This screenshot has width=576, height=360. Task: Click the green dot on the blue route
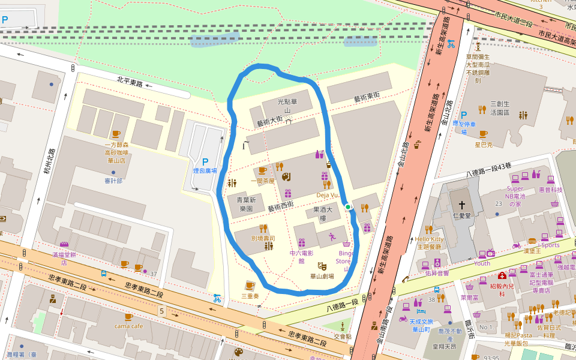[x=348, y=207]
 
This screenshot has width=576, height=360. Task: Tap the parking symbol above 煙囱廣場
[x=205, y=161]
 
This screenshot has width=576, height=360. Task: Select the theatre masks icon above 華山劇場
[x=322, y=264]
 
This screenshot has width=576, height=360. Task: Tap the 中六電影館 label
[x=301, y=257]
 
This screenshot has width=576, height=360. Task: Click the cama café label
[x=128, y=326]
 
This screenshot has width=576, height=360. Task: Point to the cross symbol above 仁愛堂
[x=461, y=203]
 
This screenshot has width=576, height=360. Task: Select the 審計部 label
[x=113, y=181]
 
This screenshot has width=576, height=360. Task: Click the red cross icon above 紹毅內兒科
[x=502, y=275]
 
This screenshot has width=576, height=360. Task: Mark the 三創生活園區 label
[x=499, y=108]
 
